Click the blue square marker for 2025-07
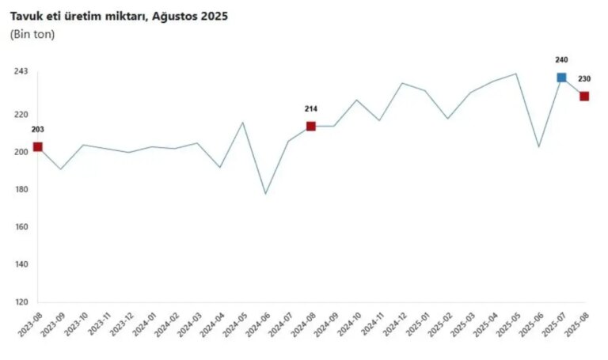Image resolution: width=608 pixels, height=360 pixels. [x=561, y=78]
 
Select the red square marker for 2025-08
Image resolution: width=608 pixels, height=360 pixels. [x=584, y=97]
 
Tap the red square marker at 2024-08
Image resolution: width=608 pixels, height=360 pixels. [x=311, y=126]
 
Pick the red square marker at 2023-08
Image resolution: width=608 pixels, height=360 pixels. [x=37, y=147]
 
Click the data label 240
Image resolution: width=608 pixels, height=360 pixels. [x=561, y=60]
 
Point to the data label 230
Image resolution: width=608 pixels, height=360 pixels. [x=584, y=79]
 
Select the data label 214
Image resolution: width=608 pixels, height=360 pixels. [x=311, y=108]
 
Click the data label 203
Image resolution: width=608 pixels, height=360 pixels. [x=37, y=129]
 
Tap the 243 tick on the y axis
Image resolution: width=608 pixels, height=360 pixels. [x=21, y=72]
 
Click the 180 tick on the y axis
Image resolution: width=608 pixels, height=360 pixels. [x=21, y=190]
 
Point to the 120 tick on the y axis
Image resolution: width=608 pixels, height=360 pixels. [x=21, y=303]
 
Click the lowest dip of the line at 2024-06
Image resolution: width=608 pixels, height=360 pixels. [x=265, y=194]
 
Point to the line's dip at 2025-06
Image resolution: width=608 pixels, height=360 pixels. [x=538, y=146]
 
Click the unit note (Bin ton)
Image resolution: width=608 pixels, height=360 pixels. [x=32, y=35]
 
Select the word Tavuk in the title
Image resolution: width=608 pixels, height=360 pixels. [x=26, y=16]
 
